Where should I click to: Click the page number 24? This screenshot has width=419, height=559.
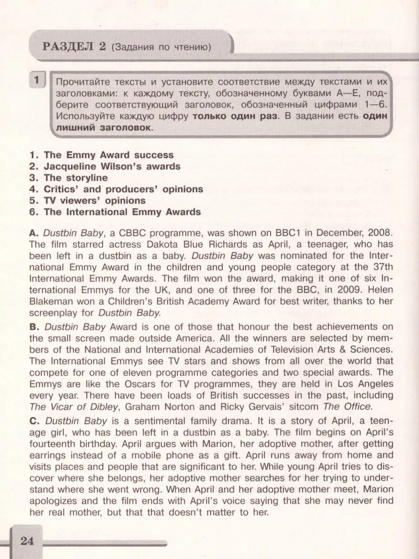coord(27,541)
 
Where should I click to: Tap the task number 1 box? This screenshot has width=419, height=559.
coord(37,80)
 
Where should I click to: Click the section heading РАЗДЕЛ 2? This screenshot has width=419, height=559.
coord(74,47)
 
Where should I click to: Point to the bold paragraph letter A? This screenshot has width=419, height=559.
coord(34,232)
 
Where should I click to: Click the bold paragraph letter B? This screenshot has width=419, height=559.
coord(34,327)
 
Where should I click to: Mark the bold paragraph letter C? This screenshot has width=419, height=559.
coord(34,421)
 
